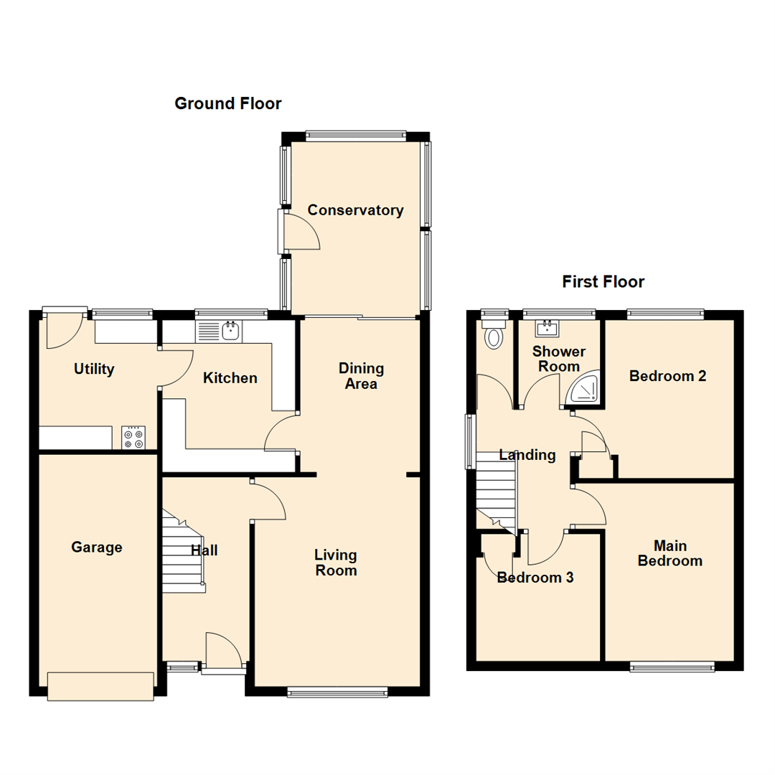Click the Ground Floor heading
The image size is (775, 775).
(228, 103)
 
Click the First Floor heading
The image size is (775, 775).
(603, 282)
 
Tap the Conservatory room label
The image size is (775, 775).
(355, 210)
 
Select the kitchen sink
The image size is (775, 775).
(218, 331)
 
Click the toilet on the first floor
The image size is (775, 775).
(494, 334)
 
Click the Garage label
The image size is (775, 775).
(96, 547)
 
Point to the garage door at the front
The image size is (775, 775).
(101, 686)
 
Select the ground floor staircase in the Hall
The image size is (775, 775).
(184, 552)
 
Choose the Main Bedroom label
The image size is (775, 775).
(670, 553)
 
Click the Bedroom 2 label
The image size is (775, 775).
(667, 376)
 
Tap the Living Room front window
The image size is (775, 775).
(337, 692)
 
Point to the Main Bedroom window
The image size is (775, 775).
(672, 667)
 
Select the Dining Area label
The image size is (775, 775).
(361, 375)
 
